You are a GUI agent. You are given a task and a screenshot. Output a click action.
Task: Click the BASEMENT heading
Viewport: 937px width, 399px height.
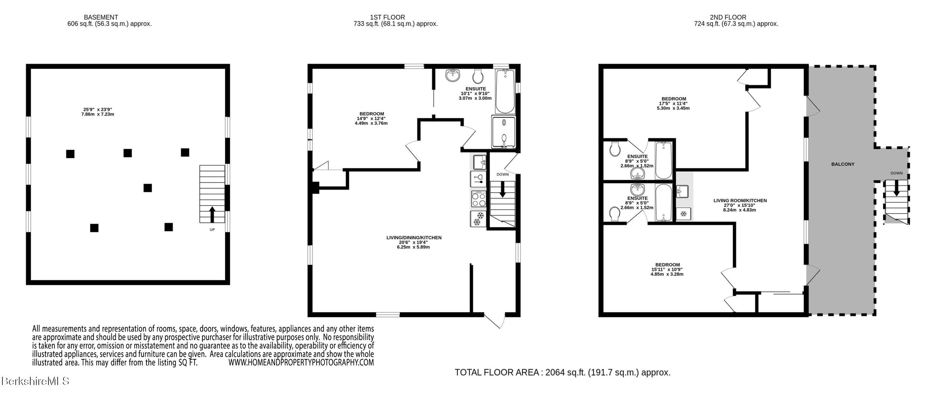[x=101, y=17]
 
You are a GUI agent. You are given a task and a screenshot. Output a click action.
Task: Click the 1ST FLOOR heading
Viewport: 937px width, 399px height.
[x=387, y=17]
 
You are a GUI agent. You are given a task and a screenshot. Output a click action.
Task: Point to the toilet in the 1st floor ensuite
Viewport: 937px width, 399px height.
[x=478, y=76]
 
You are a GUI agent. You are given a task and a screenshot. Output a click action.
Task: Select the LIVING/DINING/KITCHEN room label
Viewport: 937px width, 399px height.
[x=414, y=238]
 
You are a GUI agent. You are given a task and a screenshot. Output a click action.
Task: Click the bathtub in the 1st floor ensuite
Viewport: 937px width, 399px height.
[x=505, y=91]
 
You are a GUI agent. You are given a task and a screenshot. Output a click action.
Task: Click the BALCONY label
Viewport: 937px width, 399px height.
[x=843, y=164]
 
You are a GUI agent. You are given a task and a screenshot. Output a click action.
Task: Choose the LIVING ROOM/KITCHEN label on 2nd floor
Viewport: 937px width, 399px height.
[x=740, y=200]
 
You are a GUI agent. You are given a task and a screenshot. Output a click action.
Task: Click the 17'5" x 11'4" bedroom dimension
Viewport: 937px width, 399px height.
[x=674, y=103]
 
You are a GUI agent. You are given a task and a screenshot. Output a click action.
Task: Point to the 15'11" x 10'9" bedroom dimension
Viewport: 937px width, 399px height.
[x=667, y=269]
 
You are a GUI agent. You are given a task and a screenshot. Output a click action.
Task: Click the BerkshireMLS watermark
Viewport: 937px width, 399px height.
[x=35, y=381]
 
